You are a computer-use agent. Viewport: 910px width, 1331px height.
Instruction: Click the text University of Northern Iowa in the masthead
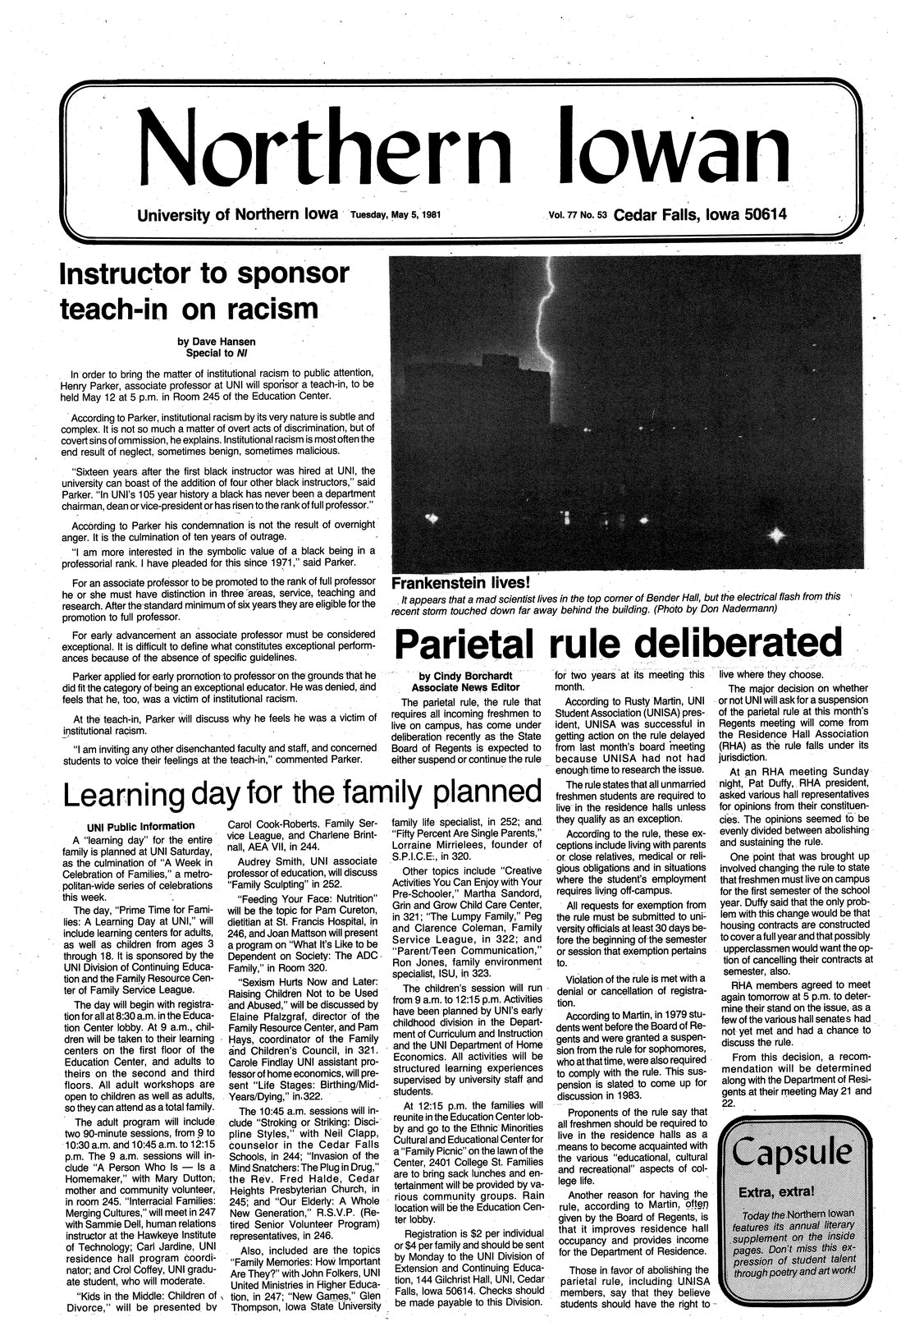click(237, 216)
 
